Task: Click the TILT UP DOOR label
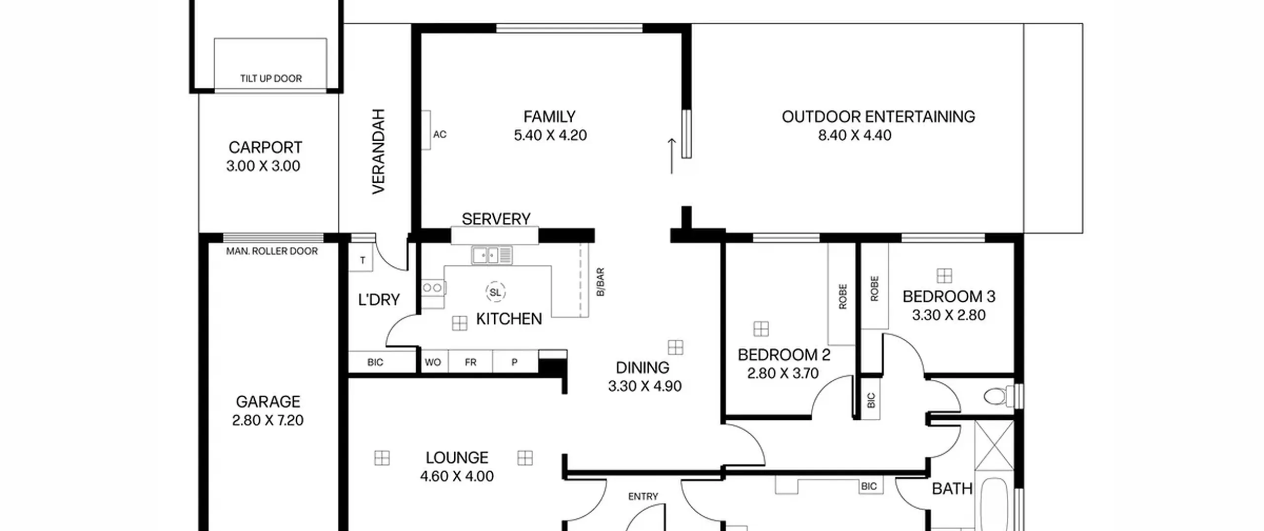pos(271,79)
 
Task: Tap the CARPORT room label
pos(265,147)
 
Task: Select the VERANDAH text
pos(378,151)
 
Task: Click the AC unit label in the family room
pos(439,134)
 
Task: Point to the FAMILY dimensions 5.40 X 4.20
pos(550,135)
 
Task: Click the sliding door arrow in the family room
pos(671,156)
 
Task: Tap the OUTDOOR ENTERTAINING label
pos(878,117)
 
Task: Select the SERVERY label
pos(496,219)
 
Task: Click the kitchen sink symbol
pos(492,255)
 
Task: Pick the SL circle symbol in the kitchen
pos(495,292)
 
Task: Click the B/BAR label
pos(600,282)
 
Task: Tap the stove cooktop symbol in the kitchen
pos(433,287)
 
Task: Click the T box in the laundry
pos(362,260)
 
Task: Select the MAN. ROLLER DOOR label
pos(272,251)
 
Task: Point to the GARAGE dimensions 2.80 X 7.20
pos(268,420)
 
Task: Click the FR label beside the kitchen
pos(471,363)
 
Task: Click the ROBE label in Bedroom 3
pos(874,288)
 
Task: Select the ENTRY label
pos(643,496)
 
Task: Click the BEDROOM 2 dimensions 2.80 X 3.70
pos(783,373)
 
